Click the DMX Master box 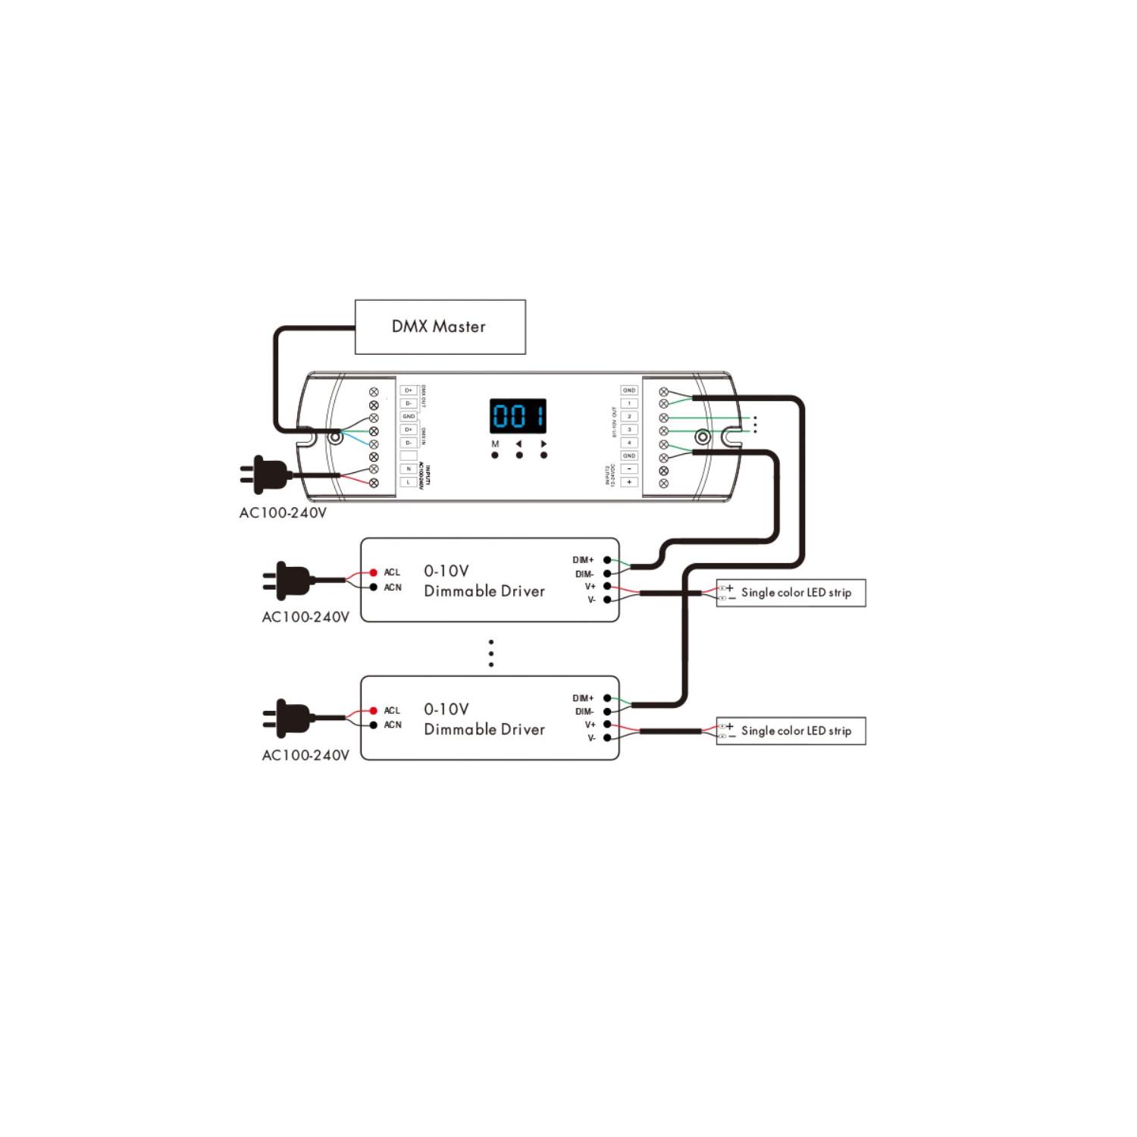[440, 327]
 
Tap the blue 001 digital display [518, 416]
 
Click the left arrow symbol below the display [519, 444]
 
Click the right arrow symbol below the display [543, 444]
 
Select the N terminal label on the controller [409, 469]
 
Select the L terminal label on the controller [409, 482]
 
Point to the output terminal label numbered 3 [629, 430]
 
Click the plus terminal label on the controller [629, 482]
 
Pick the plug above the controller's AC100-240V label [265, 475]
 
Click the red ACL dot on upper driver [373, 572]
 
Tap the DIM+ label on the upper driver [583, 560]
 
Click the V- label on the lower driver [591, 738]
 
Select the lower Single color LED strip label [796, 731]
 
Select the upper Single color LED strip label [796, 593]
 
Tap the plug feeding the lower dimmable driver [288, 718]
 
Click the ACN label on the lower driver [393, 725]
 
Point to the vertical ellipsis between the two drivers [491, 653]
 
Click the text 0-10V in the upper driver [446, 571]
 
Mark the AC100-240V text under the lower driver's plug [305, 755]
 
